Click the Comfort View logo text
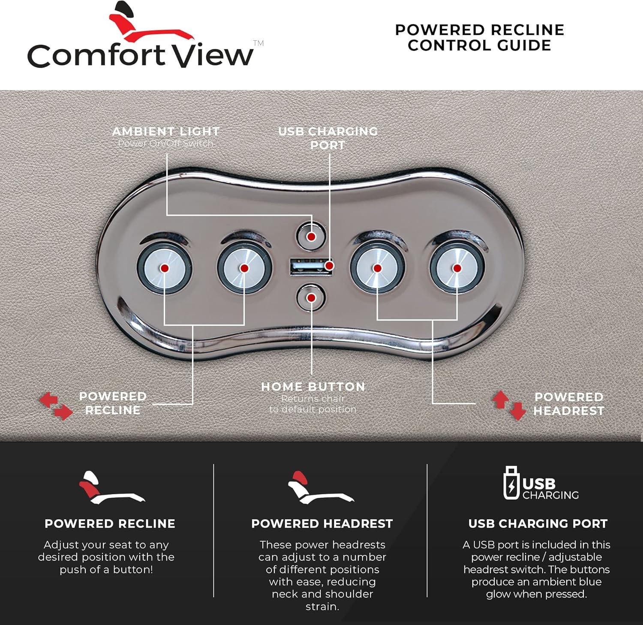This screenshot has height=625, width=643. click(141, 55)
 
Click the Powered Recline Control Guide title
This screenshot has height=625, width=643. click(479, 37)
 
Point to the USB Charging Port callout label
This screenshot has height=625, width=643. click(328, 138)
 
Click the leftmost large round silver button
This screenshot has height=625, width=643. click(164, 268)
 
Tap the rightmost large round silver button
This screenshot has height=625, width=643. click(457, 268)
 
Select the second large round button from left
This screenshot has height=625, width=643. click(244, 268)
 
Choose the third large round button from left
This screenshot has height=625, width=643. click(377, 268)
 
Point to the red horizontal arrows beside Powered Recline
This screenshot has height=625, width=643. click(56, 406)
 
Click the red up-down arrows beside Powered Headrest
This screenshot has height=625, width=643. click(509, 405)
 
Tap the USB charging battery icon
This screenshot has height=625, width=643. click(511, 483)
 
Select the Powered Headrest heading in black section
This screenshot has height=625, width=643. click(322, 523)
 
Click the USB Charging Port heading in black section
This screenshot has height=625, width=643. click(538, 523)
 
